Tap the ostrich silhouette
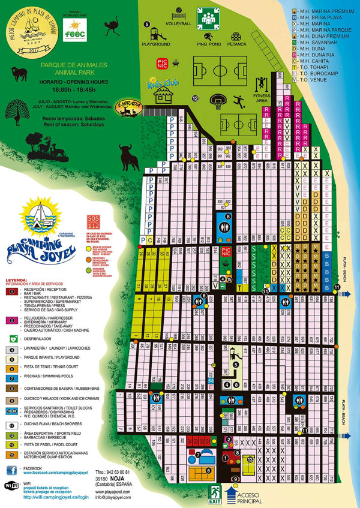[113, 28]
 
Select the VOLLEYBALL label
[179, 24]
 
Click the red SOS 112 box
[92, 218]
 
